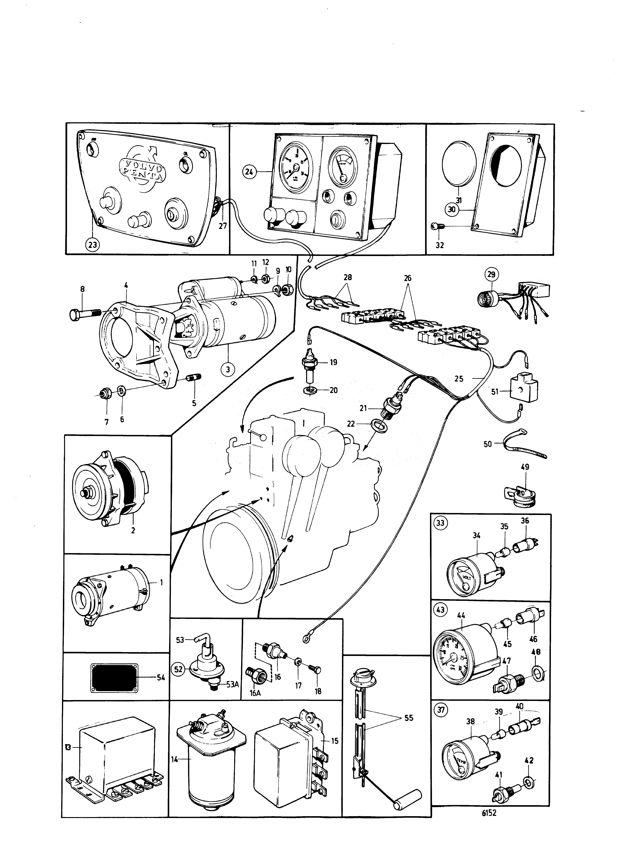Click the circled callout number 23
[x=92, y=245]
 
